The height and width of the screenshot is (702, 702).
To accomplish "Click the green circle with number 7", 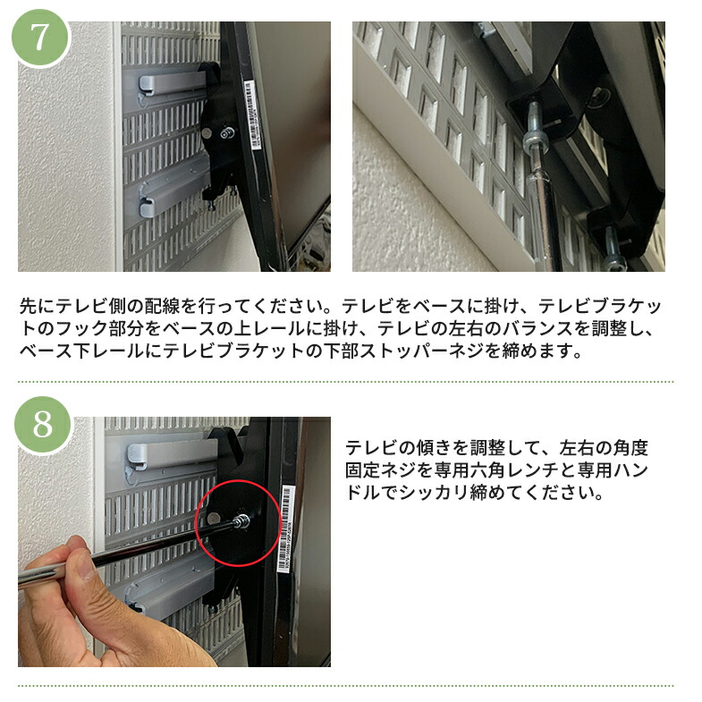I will (39, 38).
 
